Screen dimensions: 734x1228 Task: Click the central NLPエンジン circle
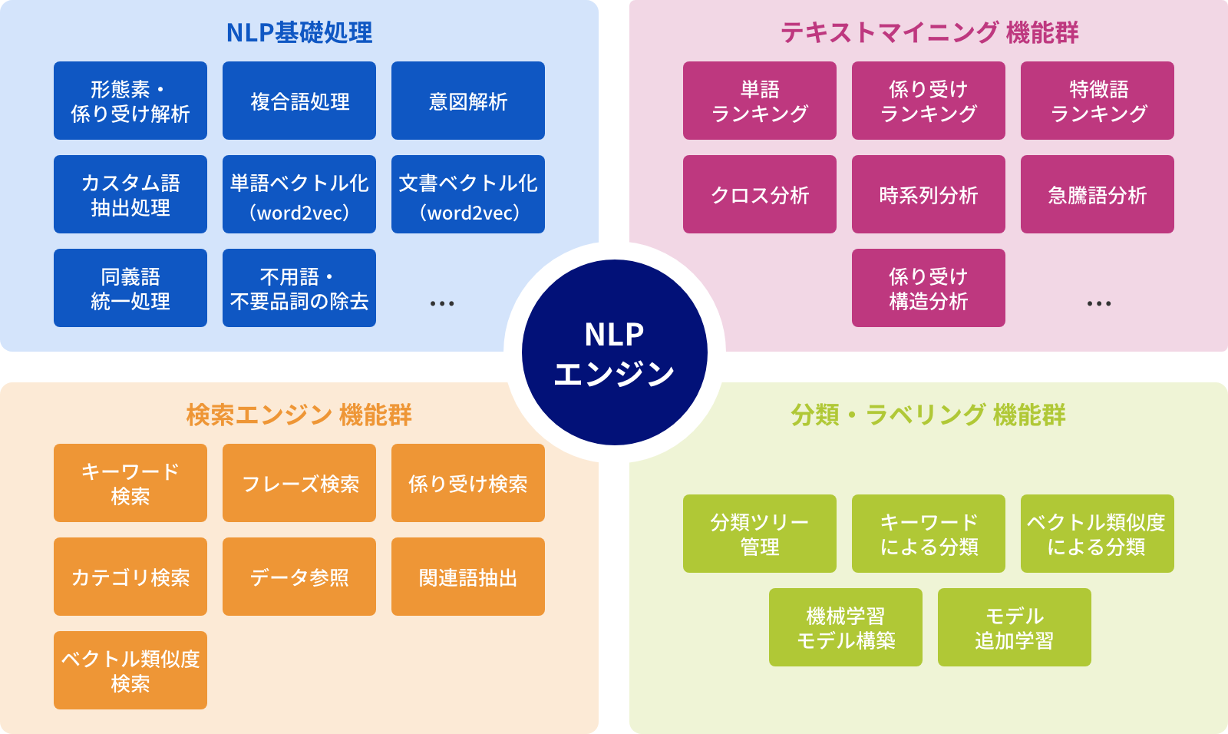tap(614, 353)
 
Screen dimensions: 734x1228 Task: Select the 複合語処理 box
tap(299, 101)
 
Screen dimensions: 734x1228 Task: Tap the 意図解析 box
tap(468, 101)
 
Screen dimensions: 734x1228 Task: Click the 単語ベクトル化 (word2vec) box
tap(299, 194)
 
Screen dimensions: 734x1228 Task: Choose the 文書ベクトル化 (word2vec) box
tap(468, 194)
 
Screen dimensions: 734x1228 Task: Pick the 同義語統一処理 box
tap(130, 288)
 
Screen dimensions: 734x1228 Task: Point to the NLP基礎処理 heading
tap(299, 33)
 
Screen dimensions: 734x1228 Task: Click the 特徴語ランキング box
tap(1098, 101)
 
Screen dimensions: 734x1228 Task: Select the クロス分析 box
tap(760, 194)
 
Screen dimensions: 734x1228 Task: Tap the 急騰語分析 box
tap(1098, 194)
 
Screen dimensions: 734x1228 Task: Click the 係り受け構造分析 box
tap(929, 288)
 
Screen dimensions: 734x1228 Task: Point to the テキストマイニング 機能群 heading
tap(929, 33)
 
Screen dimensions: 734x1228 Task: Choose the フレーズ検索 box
tap(299, 483)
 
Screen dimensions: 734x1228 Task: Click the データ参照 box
tap(299, 577)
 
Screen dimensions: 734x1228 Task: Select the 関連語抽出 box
tap(468, 577)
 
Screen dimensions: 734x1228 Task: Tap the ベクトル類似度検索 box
tap(130, 670)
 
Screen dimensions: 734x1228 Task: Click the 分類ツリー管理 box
tap(760, 534)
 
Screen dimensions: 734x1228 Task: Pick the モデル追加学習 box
tap(1015, 627)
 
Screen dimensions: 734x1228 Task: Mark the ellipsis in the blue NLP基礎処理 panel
tap(442, 304)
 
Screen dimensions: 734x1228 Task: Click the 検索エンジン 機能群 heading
tap(299, 415)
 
